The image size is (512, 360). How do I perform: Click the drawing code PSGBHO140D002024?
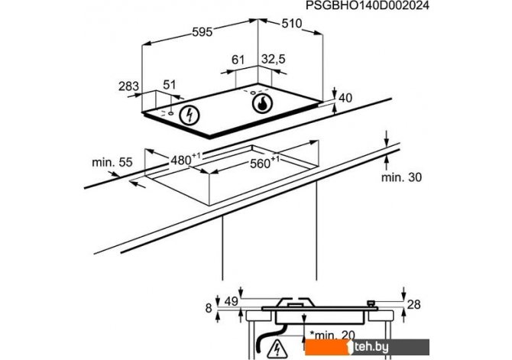tap(368, 5)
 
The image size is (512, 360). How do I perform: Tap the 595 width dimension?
tap(202, 31)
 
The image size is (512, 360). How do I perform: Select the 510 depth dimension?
tap(292, 24)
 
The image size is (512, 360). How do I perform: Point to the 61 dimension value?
tap(238, 60)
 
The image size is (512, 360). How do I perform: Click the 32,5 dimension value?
tap(274, 59)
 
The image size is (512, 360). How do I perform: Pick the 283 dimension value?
tap(128, 86)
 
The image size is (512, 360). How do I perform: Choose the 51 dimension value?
tap(169, 85)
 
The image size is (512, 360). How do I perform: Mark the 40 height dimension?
tap(345, 98)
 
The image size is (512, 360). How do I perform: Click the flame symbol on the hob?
tap(263, 103)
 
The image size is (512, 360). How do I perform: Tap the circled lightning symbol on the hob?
tap(190, 115)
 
